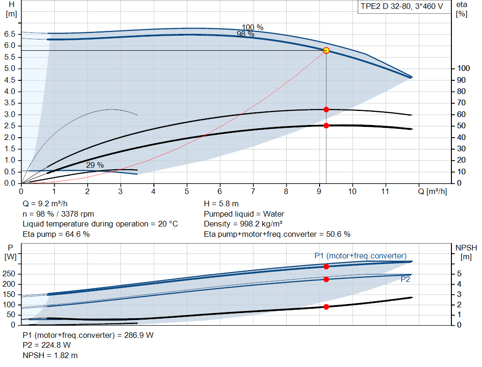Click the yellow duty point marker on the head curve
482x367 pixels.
pyautogui.click(x=326, y=50)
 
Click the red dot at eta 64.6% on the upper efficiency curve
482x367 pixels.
pyautogui.click(x=326, y=109)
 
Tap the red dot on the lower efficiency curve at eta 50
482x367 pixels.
pyautogui.click(x=326, y=125)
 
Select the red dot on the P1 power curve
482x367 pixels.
pyautogui.click(x=326, y=266)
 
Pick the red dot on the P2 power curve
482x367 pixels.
pyautogui.click(x=326, y=279)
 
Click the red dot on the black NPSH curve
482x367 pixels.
pyautogui.click(x=326, y=307)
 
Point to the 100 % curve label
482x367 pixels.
pyautogui.click(x=253, y=27)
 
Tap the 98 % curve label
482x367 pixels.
pyautogui.click(x=245, y=34)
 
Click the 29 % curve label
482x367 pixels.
pyautogui.click(x=95, y=165)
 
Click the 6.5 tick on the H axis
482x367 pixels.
pyautogui.click(x=10, y=34)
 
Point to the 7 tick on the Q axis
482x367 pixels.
pyautogui.click(x=253, y=191)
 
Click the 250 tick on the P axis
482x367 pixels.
pyautogui.click(x=9, y=274)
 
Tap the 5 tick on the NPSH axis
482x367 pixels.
pyautogui.click(x=458, y=274)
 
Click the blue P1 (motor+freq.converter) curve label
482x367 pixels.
pyautogui.click(x=360, y=256)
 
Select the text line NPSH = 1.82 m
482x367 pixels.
pyautogui.click(x=50, y=355)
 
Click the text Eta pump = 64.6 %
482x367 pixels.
pyautogui.click(x=56, y=234)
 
